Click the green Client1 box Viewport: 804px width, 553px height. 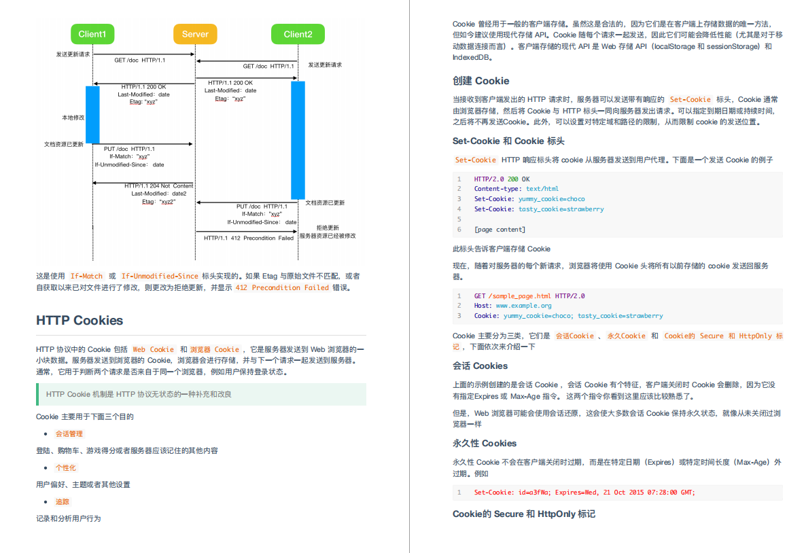(92, 34)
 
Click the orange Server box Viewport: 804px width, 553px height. (195, 34)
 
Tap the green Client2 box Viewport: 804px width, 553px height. (298, 34)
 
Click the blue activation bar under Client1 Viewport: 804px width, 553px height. (92, 114)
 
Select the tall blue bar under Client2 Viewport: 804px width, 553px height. (298, 139)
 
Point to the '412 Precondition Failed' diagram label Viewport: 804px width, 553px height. (249, 238)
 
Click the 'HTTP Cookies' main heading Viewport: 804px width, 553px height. (80, 320)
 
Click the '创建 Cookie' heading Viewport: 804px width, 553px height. (480, 81)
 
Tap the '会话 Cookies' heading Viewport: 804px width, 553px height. (480, 365)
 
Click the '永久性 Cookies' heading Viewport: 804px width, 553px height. (485, 443)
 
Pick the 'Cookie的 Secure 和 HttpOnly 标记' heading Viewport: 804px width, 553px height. (524, 514)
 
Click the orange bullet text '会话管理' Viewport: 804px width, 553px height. (69, 433)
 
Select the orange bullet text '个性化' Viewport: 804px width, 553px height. (66, 467)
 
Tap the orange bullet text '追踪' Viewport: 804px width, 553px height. (63, 501)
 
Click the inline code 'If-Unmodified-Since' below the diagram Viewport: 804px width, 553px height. (160, 276)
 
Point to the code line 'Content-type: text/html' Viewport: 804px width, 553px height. (516, 189)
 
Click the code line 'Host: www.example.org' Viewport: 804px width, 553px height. (512, 306)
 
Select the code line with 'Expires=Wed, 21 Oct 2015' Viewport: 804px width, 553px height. (584, 493)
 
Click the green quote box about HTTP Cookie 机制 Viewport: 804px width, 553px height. (201, 394)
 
